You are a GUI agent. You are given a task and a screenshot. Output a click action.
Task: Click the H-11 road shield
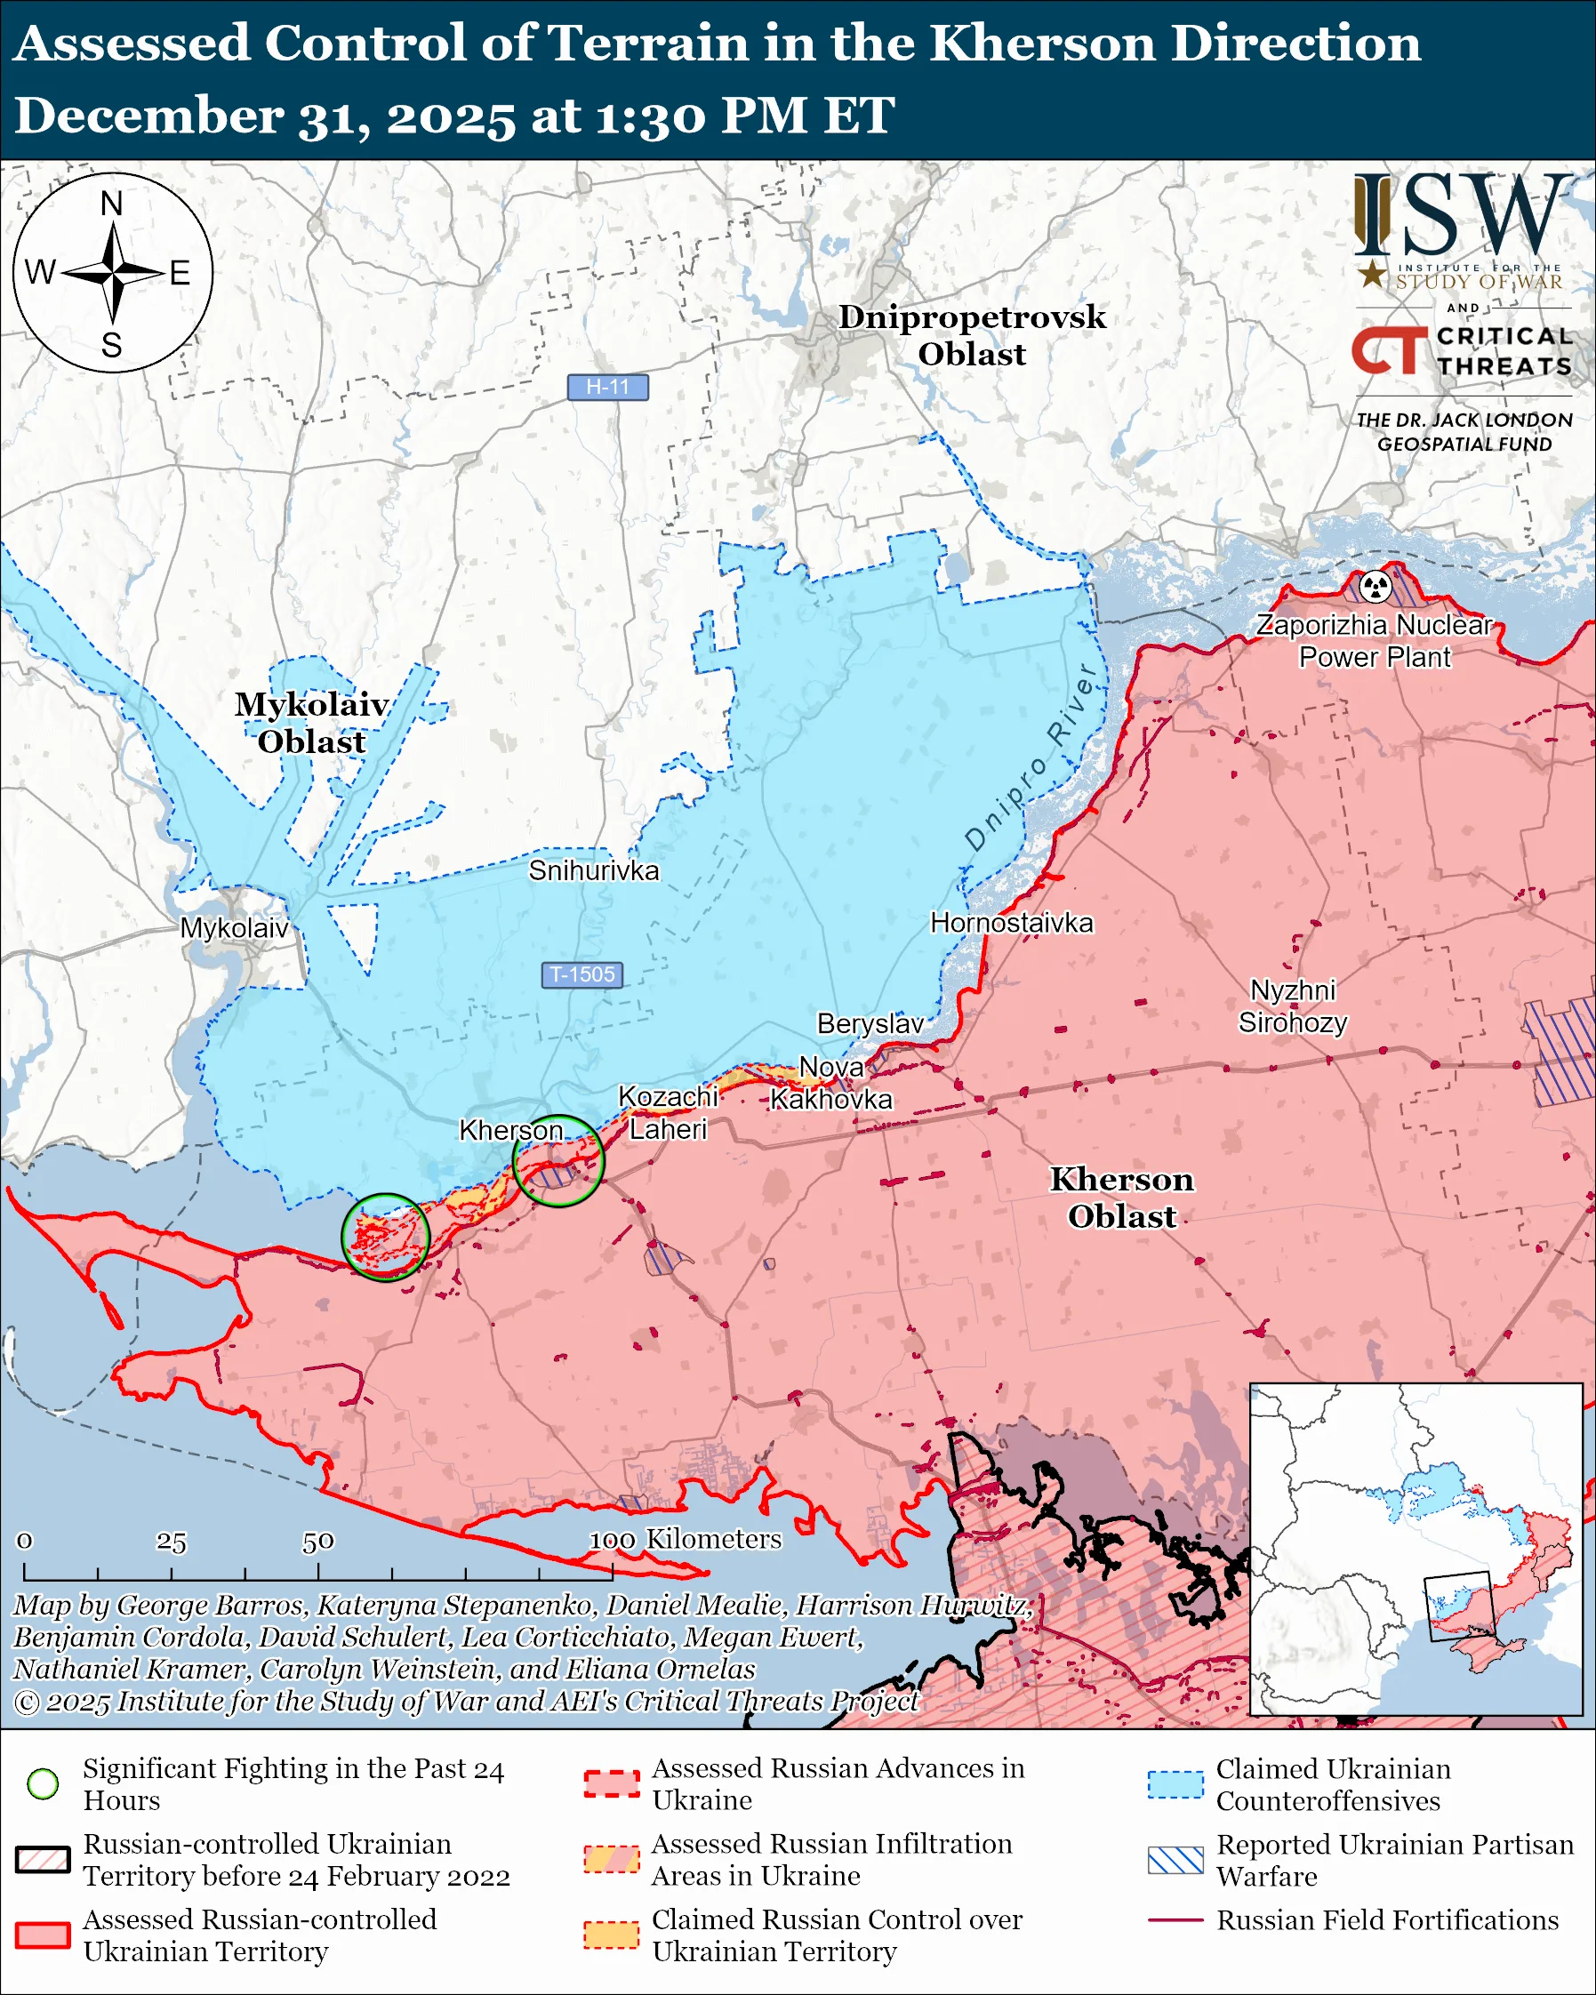click(x=608, y=387)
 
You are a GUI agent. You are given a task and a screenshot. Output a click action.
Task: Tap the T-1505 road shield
click(x=582, y=974)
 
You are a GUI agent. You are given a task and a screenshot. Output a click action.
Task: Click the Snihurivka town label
click(x=594, y=870)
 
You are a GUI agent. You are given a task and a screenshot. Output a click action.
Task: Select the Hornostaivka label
click(x=1011, y=923)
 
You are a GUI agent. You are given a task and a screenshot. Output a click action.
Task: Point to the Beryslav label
click(x=870, y=1023)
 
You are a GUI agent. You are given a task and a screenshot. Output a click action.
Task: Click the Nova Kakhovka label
click(x=830, y=1084)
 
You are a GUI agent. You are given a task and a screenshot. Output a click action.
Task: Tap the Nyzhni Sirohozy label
click(x=1293, y=1006)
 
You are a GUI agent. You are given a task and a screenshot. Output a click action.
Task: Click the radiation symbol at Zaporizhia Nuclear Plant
click(x=1375, y=586)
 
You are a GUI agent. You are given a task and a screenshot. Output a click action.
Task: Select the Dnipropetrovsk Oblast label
click(x=972, y=335)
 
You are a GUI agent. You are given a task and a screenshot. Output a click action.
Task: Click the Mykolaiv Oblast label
click(x=311, y=723)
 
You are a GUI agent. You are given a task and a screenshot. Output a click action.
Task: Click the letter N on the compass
click(x=112, y=204)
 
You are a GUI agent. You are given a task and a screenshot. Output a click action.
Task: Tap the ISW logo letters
click(x=1462, y=216)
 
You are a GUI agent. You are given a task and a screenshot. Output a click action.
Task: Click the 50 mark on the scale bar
click(x=317, y=1542)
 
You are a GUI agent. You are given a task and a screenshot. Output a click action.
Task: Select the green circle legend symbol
click(x=43, y=1784)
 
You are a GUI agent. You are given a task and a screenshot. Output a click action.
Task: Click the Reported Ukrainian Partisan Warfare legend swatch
click(x=1175, y=1860)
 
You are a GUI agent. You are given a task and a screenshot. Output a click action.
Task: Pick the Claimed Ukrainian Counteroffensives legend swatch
click(x=1175, y=1784)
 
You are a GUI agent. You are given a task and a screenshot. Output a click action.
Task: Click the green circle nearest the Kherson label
click(x=557, y=1160)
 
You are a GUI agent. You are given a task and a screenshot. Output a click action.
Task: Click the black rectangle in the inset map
click(x=1459, y=1606)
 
